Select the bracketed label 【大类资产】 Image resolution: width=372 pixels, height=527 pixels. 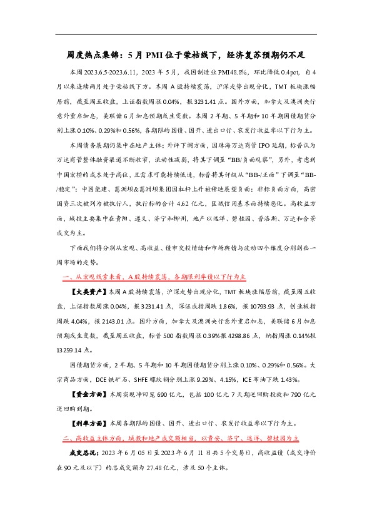point(88,292)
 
